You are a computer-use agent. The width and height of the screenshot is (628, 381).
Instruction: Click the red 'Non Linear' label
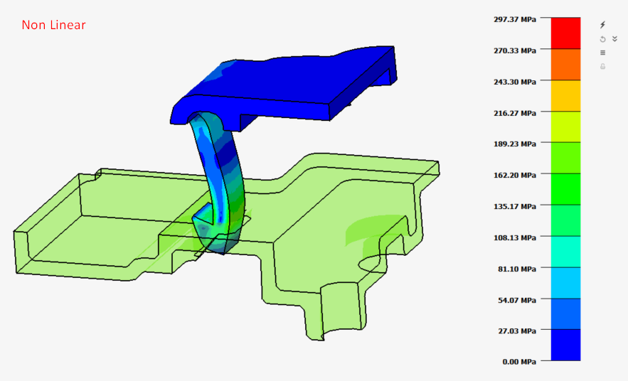tap(53, 26)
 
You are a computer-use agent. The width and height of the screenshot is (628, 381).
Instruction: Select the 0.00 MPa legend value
tap(519, 362)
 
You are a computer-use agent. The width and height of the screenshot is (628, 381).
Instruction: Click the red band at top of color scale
tap(565, 33)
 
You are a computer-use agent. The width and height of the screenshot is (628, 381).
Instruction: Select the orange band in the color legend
tap(565, 64)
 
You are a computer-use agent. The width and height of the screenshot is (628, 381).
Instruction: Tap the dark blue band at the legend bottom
tap(565, 345)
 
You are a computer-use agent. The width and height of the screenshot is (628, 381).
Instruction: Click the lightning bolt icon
tap(603, 25)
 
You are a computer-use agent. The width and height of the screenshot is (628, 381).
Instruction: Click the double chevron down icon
tap(614, 39)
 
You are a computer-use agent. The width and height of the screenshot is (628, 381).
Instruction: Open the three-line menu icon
tap(603, 53)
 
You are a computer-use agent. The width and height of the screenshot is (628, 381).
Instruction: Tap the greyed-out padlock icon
tap(603, 66)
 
